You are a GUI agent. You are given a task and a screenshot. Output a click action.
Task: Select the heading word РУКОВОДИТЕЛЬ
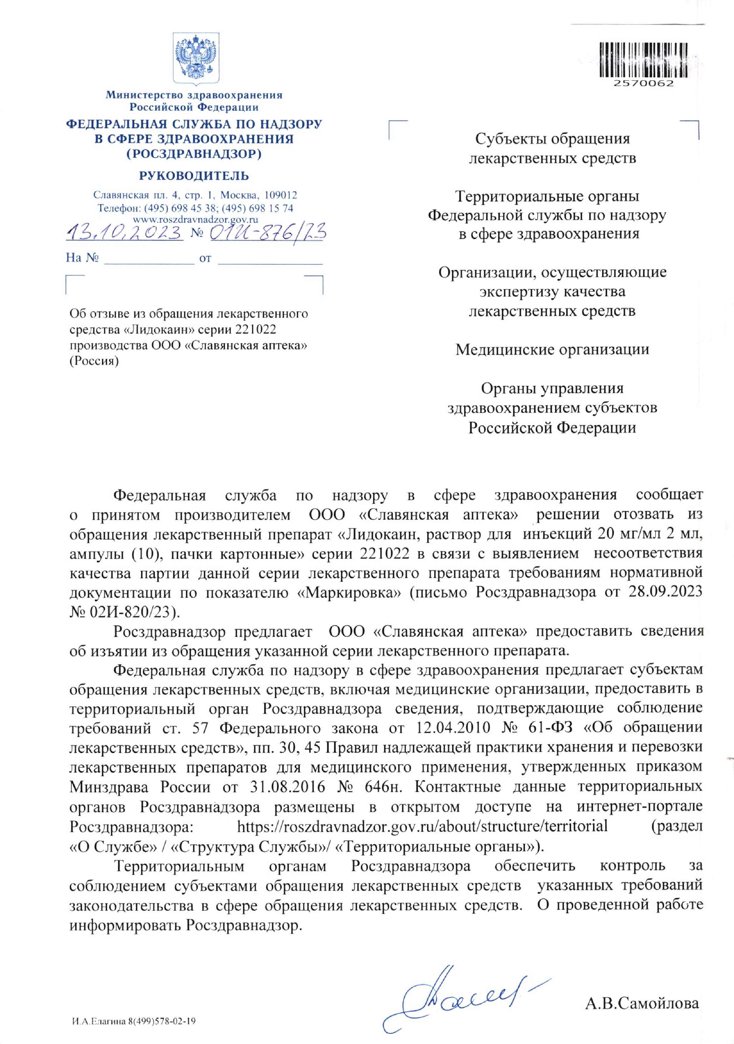(194, 175)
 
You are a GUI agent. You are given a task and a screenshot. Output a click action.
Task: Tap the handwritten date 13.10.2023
(124, 233)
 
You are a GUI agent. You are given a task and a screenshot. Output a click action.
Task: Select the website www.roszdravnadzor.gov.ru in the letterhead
(195, 219)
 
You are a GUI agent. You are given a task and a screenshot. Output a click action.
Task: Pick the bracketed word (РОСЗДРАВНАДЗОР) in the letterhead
(194, 154)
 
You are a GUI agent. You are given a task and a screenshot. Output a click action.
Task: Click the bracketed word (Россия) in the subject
(94, 362)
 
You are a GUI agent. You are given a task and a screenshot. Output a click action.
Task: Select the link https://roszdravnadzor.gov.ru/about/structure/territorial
(422, 825)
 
